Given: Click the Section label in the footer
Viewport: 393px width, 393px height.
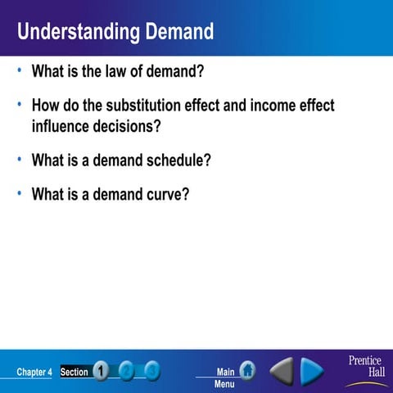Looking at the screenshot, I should coord(75,373).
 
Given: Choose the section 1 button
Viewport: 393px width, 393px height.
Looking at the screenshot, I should coord(101,372).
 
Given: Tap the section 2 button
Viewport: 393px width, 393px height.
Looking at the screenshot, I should coord(127,372).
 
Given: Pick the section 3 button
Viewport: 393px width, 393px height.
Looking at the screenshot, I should coord(152,372).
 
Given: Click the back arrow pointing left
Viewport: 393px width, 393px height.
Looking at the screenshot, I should coord(282,372).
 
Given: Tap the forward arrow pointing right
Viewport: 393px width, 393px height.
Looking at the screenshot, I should coord(312,372).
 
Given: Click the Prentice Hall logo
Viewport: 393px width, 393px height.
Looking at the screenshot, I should coord(365,368).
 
